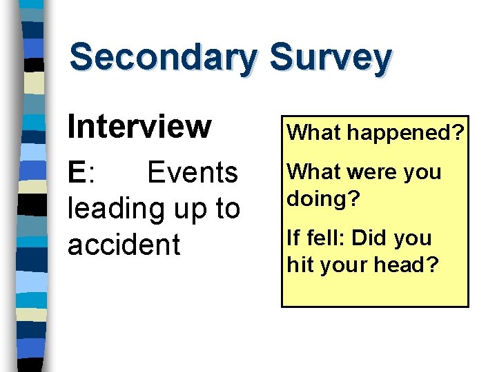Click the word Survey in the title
point(331,58)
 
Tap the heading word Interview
point(139,126)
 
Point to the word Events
point(193,172)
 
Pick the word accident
point(124,245)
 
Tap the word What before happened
point(311,132)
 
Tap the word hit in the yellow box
point(300,265)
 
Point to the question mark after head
point(433,265)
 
